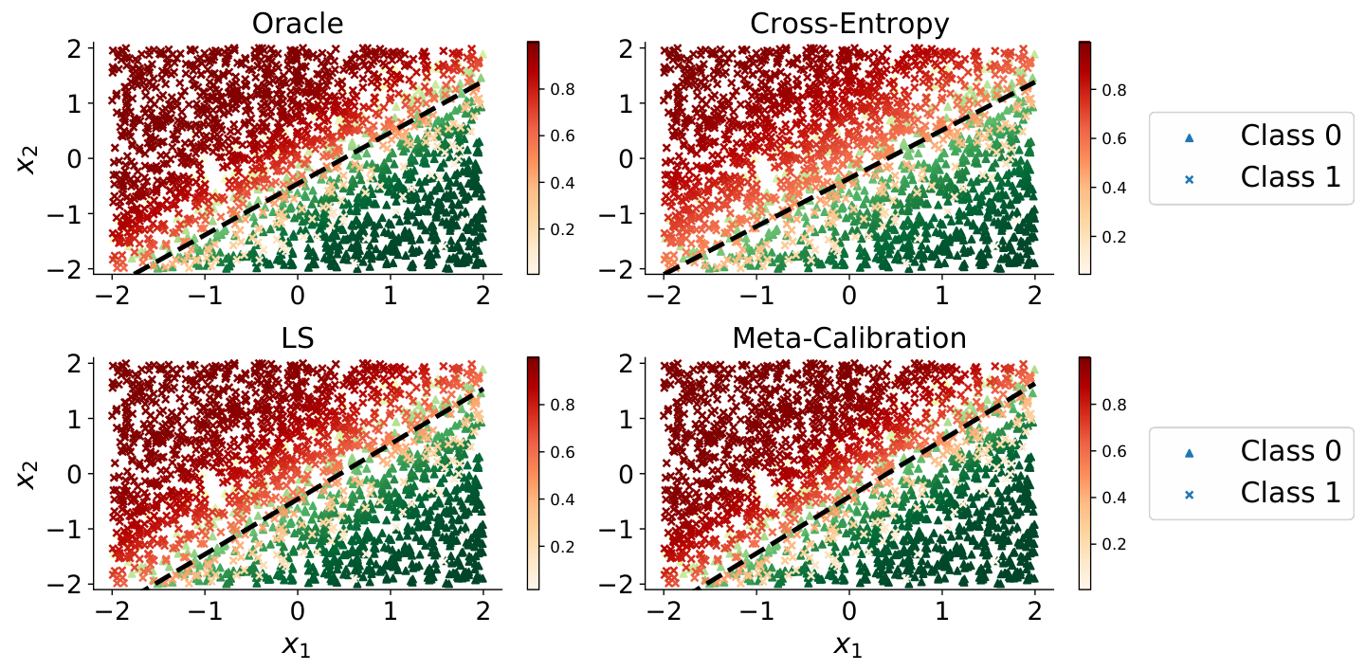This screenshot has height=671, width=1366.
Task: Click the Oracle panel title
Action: pyautogui.click(x=298, y=24)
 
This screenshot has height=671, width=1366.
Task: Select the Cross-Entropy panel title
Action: pyautogui.click(x=849, y=25)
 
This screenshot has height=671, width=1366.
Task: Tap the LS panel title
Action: pyautogui.click(x=298, y=338)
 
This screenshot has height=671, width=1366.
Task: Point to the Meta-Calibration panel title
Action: pyautogui.click(x=849, y=338)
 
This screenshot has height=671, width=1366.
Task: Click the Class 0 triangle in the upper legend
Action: pyautogui.click(x=1189, y=138)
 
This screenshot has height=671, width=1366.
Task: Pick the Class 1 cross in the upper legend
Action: pyautogui.click(x=1189, y=180)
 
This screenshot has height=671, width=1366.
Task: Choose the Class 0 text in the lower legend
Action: pyautogui.click(x=1291, y=451)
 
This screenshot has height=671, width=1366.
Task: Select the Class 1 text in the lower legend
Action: pyautogui.click(x=1291, y=493)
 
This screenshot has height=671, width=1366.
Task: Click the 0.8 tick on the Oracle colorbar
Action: pyautogui.click(x=562, y=90)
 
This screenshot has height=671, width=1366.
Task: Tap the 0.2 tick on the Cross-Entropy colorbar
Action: pyautogui.click(x=1114, y=237)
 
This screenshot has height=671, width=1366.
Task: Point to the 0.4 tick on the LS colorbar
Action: pyautogui.click(x=562, y=499)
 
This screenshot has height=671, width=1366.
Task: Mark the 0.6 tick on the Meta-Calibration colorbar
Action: pyautogui.click(x=1114, y=452)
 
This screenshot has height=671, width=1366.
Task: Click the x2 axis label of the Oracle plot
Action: pyautogui.click(x=27, y=159)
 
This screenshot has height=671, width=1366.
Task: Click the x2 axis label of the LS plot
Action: pyautogui.click(x=27, y=475)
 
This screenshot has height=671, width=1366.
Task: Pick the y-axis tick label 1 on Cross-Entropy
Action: pyautogui.click(x=627, y=104)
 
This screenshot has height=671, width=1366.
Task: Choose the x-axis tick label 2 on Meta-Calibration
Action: pyautogui.click(x=1035, y=610)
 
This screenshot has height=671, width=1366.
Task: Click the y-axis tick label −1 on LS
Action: pyautogui.click(x=64, y=530)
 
